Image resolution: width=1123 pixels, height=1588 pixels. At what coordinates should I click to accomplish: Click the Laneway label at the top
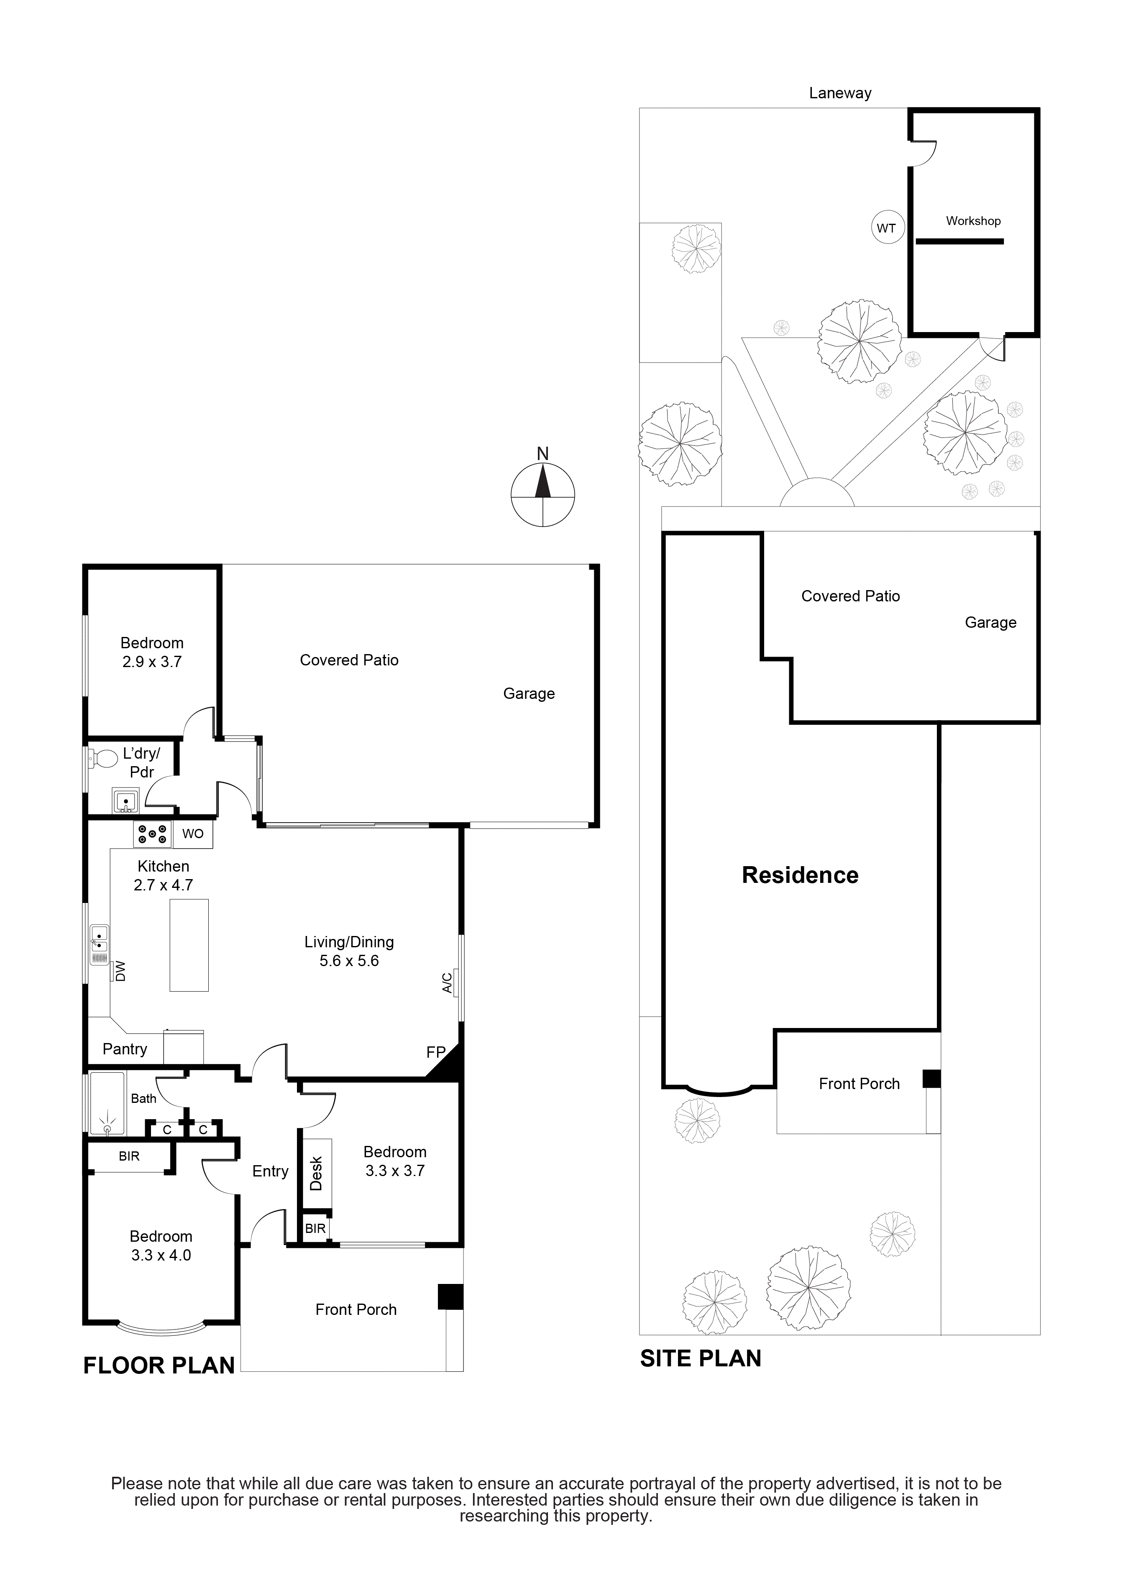(840, 93)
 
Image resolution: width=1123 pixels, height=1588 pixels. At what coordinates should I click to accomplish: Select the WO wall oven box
(193, 834)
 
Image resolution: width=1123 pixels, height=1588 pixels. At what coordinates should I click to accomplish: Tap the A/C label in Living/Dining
(448, 983)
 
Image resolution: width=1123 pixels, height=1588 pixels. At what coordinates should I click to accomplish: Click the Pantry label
(125, 1049)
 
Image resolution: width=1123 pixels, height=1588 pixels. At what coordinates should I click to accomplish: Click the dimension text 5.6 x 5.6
(349, 961)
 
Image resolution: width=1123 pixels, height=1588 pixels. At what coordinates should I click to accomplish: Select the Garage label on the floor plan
(529, 694)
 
